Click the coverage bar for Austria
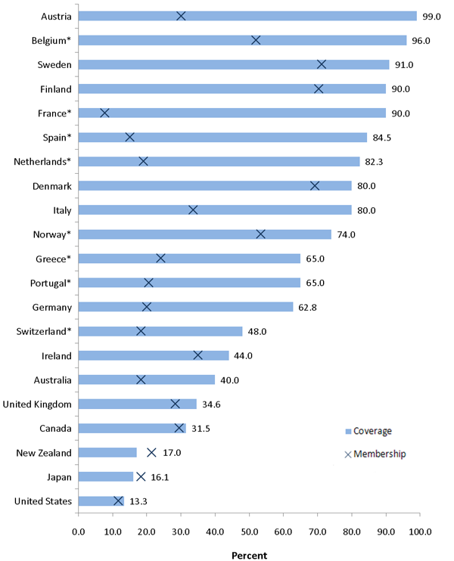247,16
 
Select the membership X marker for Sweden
322,64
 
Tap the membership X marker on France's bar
104,113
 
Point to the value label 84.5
384,138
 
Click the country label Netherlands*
42,162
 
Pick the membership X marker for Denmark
315,186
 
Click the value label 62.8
310,307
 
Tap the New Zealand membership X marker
151,452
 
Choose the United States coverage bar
100,501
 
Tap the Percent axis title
249,554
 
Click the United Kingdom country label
37,404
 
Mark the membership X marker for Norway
260,234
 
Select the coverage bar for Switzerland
160,331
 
